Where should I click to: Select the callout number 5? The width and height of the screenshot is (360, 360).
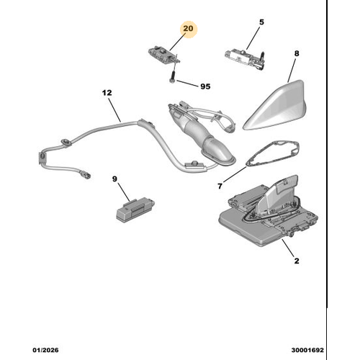point(261,22)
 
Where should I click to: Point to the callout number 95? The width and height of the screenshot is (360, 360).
point(204,86)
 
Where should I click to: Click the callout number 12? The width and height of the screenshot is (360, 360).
point(107,93)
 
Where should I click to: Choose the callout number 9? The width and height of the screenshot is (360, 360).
point(114,179)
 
